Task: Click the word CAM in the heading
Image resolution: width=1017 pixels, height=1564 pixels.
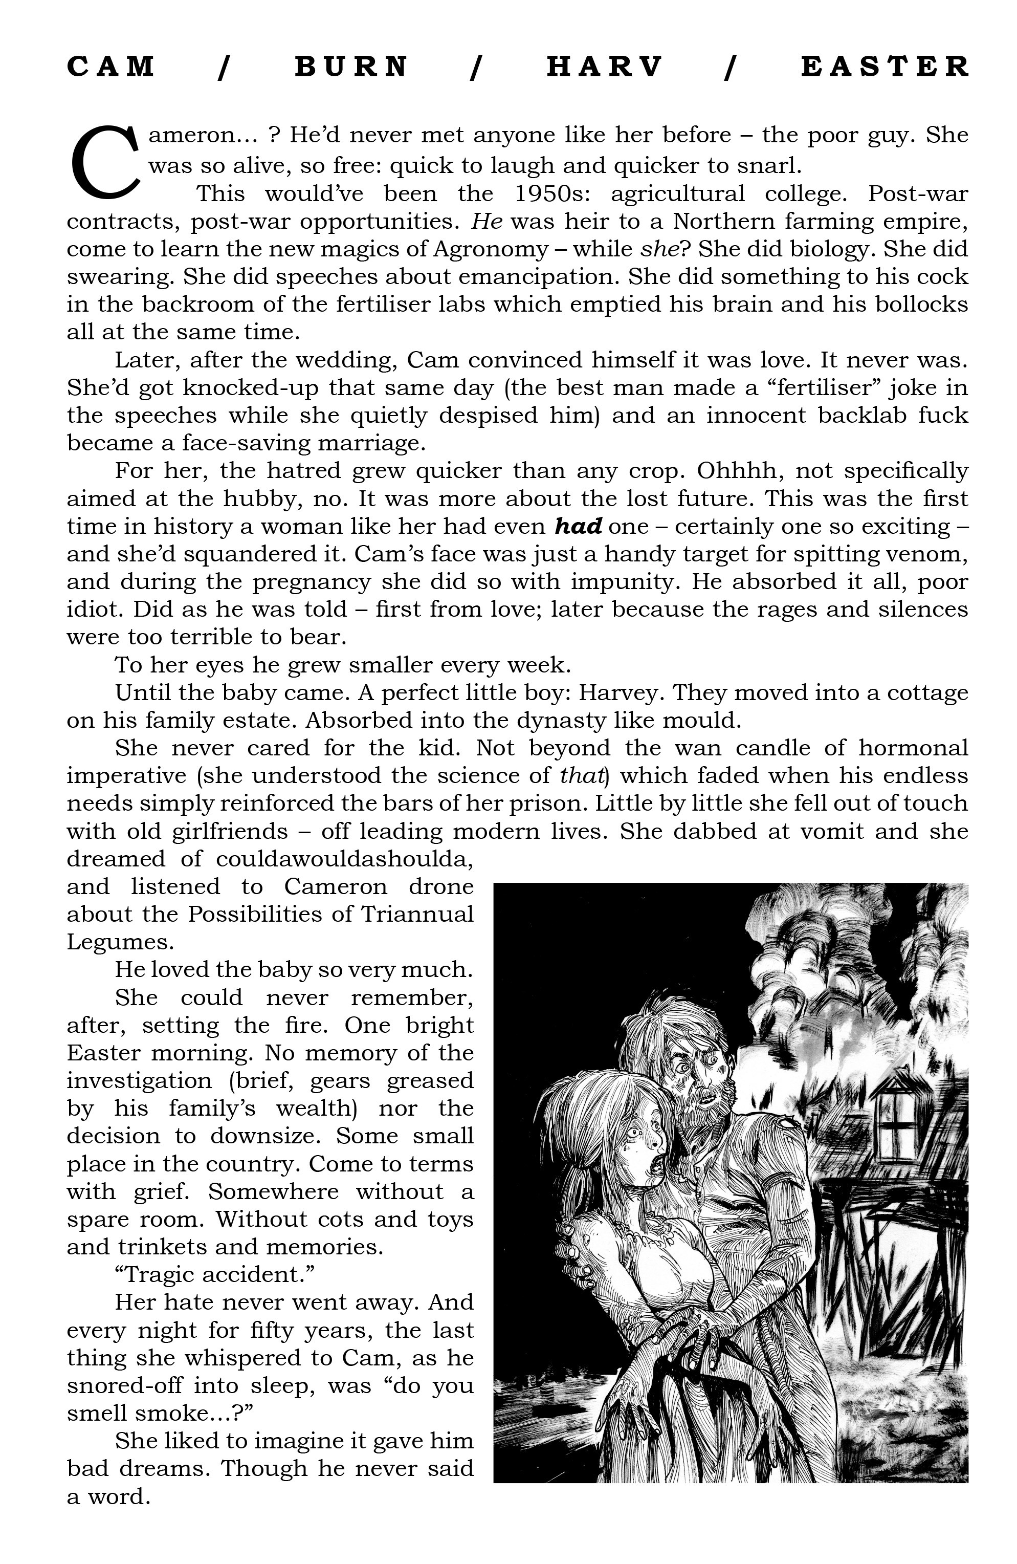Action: (111, 67)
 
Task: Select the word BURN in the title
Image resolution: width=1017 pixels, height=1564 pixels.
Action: (351, 67)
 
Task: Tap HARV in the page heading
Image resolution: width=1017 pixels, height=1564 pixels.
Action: (604, 67)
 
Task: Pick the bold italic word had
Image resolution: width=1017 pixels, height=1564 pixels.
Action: (578, 527)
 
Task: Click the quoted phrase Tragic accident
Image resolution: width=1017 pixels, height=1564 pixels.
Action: (215, 1275)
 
